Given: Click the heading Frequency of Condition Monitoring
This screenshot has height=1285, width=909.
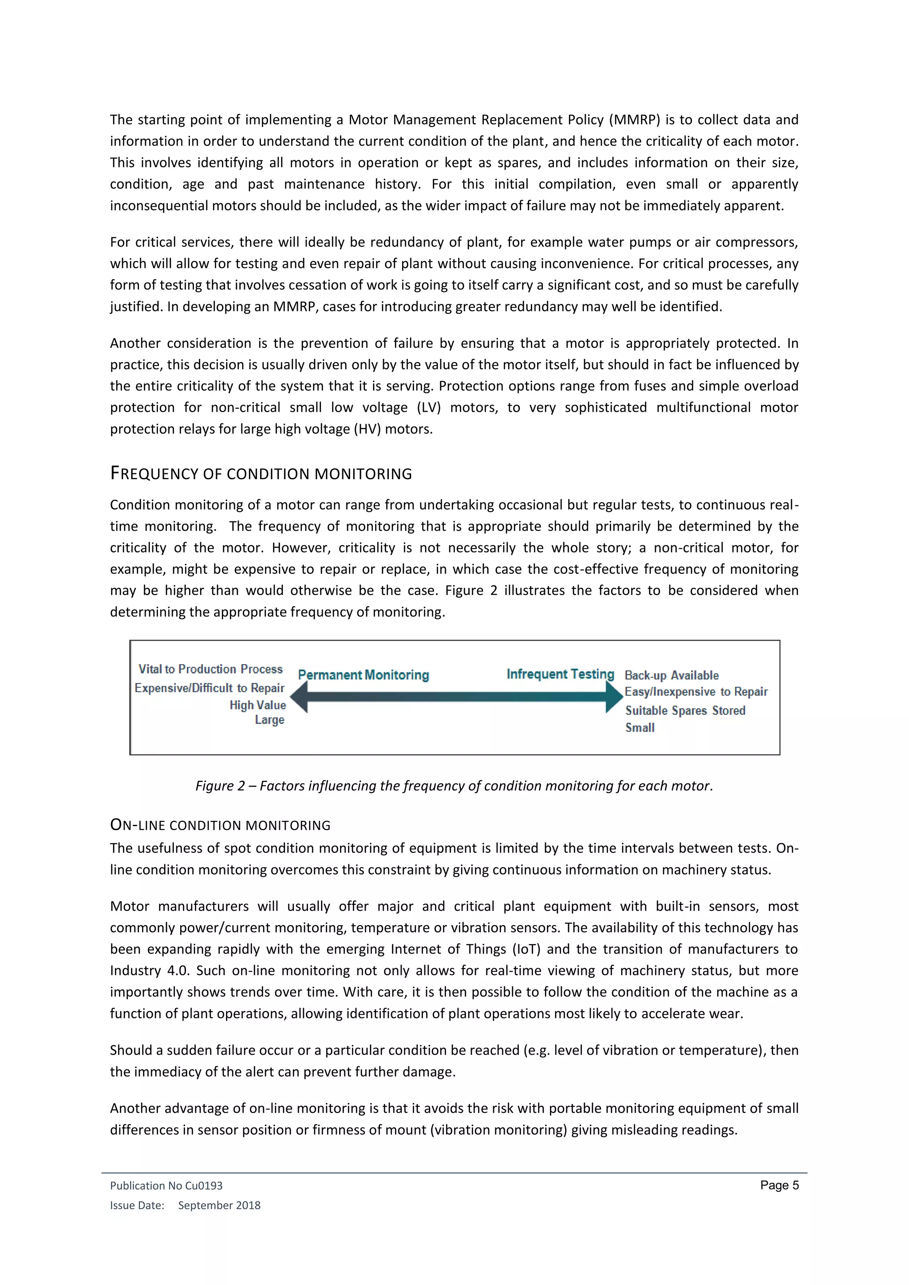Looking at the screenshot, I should pyautogui.click(x=261, y=473).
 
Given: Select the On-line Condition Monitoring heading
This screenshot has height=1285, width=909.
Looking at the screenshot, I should pyautogui.click(x=220, y=825).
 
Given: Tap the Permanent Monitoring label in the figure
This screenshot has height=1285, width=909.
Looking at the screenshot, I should pyautogui.click(x=363, y=675).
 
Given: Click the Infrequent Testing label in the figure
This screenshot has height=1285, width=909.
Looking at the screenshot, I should pyautogui.click(x=560, y=674).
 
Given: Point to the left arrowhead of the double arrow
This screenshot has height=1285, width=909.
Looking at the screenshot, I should pyautogui.click(x=300, y=697).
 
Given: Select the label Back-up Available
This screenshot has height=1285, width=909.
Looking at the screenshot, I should pyautogui.click(x=671, y=675).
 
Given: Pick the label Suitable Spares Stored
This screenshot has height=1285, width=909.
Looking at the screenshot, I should pyautogui.click(x=685, y=710).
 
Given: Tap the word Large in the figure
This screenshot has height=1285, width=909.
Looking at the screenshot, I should pyautogui.click(x=269, y=720).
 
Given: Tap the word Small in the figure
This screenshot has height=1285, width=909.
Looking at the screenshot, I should pyautogui.click(x=640, y=728).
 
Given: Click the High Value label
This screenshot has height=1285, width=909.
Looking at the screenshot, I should pyautogui.click(x=257, y=705).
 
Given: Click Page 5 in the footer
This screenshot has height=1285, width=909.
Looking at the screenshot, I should pyautogui.click(x=779, y=1185).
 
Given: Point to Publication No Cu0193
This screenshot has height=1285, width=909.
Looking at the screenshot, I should pyautogui.click(x=166, y=1185).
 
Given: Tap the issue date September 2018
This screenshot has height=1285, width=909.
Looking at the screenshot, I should pyautogui.click(x=219, y=1205).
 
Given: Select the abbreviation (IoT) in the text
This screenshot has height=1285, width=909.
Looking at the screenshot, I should pyautogui.click(x=526, y=949).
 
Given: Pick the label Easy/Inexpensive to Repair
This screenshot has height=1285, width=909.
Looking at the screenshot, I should pyautogui.click(x=696, y=692).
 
